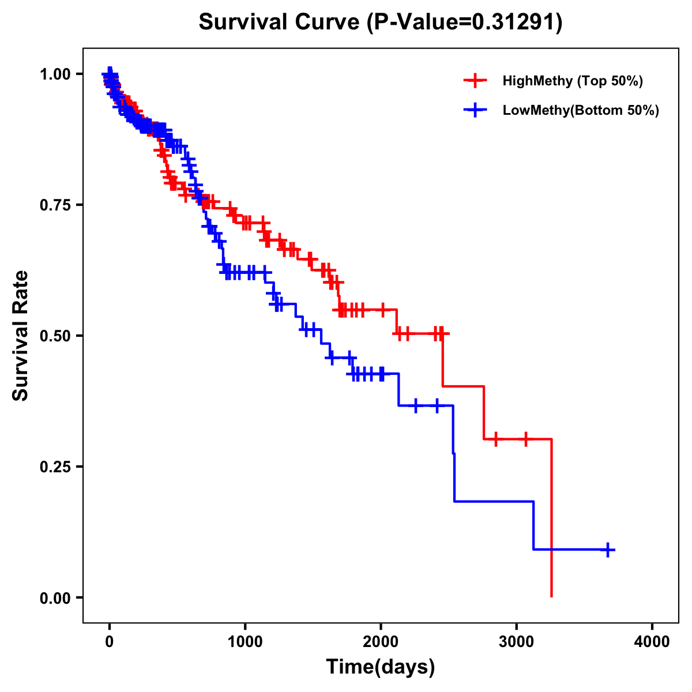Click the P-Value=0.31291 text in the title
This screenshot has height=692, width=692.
(x=465, y=22)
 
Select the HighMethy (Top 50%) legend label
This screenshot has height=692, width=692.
(x=573, y=81)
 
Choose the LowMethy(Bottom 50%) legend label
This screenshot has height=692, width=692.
(x=581, y=110)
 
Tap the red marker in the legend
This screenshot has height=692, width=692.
(x=475, y=81)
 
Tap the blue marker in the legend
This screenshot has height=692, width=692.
(x=475, y=110)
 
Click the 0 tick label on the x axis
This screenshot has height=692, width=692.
(x=110, y=641)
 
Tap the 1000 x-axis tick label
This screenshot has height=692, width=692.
(x=245, y=641)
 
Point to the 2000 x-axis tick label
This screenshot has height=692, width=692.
(x=381, y=641)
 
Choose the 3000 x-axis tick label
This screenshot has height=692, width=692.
(x=517, y=641)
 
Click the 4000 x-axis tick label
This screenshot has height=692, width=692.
(x=652, y=641)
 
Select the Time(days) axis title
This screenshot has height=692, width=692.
(x=381, y=667)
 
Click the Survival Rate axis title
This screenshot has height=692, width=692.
(x=21, y=336)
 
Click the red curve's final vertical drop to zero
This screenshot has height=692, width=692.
(x=552, y=519)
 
